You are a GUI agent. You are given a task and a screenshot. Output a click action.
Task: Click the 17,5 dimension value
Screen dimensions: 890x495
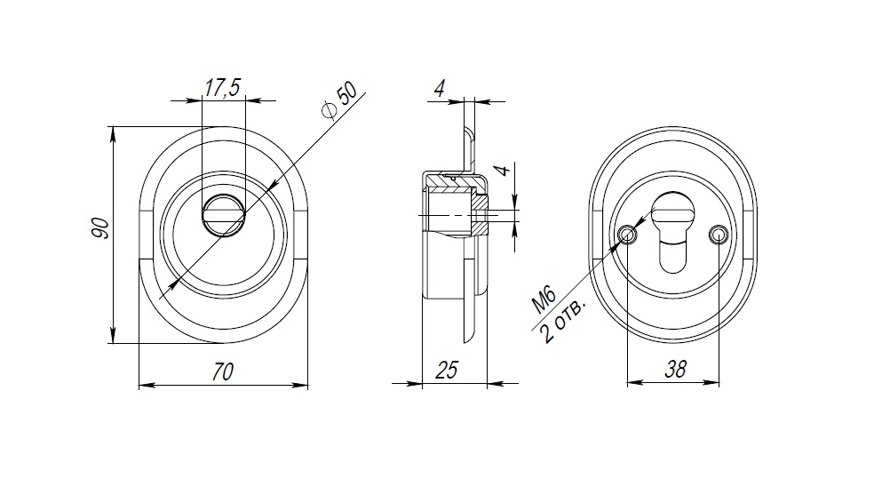(x=222, y=87)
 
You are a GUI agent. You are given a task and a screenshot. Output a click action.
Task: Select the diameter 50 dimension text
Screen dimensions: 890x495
(x=339, y=100)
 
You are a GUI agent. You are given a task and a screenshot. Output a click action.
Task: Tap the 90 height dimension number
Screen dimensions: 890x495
(x=100, y=228)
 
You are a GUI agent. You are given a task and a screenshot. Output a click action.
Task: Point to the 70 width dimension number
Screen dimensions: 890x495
(x=222, y=371)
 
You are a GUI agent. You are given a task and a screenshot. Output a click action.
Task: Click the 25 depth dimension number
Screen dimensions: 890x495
(x=446, y=370)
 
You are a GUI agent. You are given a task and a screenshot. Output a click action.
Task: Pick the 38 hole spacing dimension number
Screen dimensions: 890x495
(x=675, y=370)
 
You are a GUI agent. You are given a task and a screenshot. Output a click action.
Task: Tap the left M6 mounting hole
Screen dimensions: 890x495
(x=627, y=234)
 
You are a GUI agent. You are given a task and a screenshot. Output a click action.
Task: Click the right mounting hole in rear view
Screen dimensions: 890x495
(x=718, y=234)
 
